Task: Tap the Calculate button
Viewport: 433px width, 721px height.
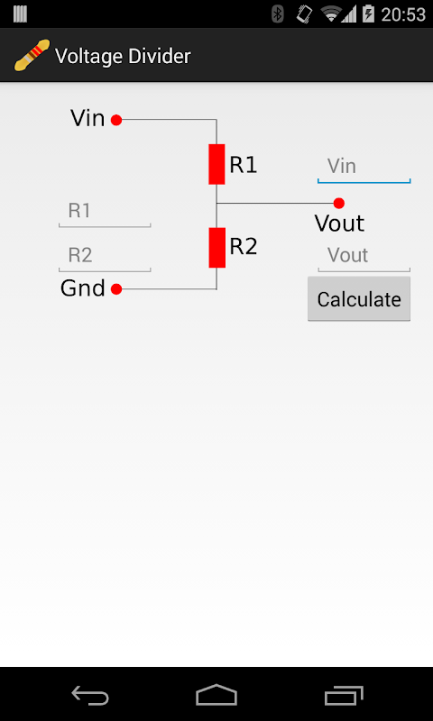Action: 359,299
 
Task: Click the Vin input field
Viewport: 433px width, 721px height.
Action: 364,168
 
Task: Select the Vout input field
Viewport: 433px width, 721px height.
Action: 364,256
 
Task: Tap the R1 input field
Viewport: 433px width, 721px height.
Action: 105,212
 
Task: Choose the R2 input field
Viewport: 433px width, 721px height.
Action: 105,256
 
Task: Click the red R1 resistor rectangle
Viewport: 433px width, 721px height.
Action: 216,164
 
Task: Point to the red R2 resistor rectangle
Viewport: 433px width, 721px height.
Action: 217,247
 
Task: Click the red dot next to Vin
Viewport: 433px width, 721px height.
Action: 116,121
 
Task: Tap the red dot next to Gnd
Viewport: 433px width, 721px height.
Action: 116,289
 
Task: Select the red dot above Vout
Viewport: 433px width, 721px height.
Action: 339,203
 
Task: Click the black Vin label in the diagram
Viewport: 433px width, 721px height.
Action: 88,119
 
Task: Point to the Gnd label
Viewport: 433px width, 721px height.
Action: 83,288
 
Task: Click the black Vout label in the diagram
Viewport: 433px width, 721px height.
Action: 339,224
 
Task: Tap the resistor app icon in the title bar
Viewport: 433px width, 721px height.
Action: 32,55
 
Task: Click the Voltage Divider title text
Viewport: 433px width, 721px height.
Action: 123,57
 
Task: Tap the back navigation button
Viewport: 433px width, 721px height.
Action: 90,695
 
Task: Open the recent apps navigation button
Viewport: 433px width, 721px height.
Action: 344,695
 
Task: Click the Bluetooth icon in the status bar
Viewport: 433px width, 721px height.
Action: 278,14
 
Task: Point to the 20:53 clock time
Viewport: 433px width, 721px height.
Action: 403,14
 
